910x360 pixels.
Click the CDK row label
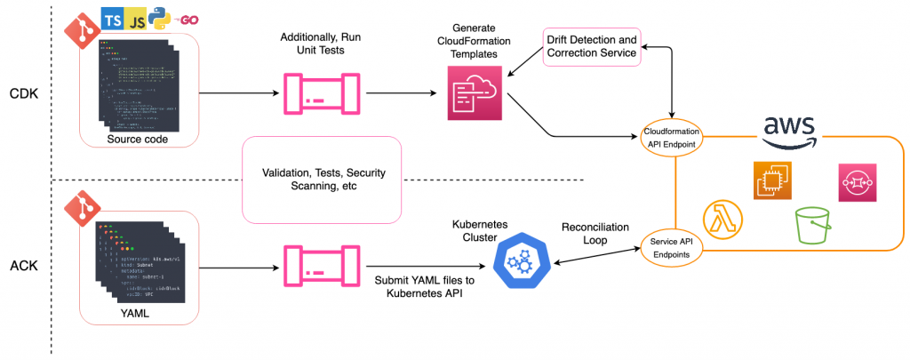pyautogui.click(x=22, y=93)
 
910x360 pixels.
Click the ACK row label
pyautogui.click(x=22, y=266)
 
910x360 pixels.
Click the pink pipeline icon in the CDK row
pyautogui.click(x=315, y=92)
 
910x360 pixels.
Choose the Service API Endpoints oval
pyautogui.click(x=672, y=246)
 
